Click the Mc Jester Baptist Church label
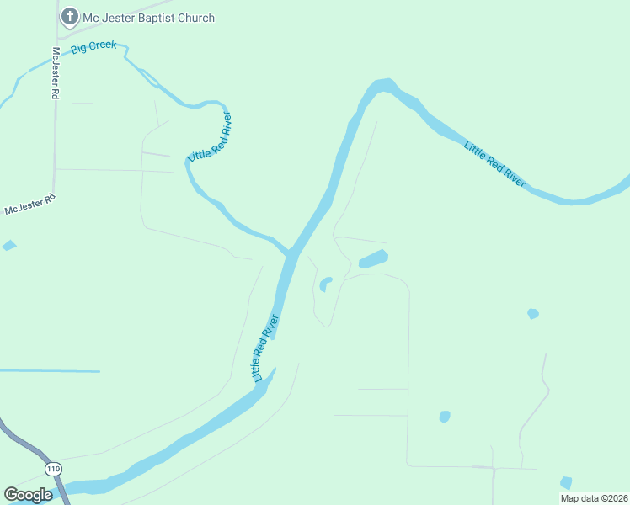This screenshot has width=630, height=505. pos(147,18)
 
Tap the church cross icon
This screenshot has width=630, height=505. pos(68,17)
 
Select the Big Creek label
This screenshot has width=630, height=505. pos(93,47)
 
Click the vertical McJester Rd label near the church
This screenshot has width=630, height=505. pos(55,72)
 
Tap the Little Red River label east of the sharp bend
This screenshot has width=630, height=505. pos(495,165)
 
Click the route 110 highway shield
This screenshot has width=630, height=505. pos(53,468)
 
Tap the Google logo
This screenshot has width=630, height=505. pos(28,495)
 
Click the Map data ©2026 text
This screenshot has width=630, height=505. pos(594,498)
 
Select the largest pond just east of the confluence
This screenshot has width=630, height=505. pos(373,259)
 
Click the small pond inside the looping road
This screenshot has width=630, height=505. pos(325,284)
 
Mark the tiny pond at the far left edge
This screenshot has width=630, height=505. pos(8,246)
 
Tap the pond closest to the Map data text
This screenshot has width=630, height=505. pos(566,482)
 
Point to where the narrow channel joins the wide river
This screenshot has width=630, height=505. pos(289,252)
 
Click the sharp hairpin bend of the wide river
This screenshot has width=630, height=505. pos(383,85)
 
